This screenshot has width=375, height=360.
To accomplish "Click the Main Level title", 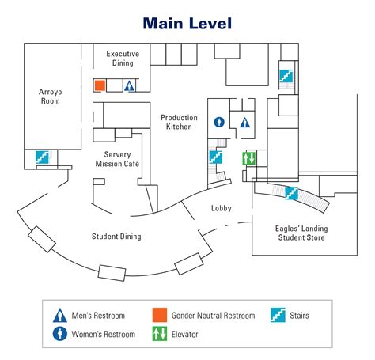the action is [x=187, y=23].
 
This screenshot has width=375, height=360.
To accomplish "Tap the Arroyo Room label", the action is [x=51, y=97].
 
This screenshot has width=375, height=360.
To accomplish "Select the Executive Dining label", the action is [x=123, y=59].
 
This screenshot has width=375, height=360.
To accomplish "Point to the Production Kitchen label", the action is [x=179, y=122].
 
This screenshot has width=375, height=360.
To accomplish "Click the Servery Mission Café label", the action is [x=117, y=159].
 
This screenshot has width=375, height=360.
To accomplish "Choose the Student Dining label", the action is [x=116, y=236].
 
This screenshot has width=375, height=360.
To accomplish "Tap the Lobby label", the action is [x=222, y=208].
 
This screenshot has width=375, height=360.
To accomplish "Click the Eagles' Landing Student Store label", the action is [x=301, y=233].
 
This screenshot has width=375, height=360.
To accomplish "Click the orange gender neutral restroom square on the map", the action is [x=100, y=85].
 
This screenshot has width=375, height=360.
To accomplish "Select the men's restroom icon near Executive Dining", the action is [x=129, y=86].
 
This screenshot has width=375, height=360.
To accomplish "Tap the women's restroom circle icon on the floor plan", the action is [x=219, y=122].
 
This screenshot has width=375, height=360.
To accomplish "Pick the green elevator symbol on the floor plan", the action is [x=249, y=158].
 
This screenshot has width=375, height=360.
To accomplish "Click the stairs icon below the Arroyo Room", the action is [x=42, y=157].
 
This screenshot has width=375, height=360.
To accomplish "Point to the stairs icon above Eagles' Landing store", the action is [x=291, y=193].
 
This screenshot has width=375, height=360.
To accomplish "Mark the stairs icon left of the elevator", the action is [x=216, y=157].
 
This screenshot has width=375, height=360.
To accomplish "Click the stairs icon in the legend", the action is [x=278, y=315].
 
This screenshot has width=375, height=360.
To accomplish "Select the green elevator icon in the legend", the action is [x=160, y=334].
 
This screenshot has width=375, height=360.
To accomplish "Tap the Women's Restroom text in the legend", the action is [x=104, y=334].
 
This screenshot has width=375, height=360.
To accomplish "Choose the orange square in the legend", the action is [x=160, y=315].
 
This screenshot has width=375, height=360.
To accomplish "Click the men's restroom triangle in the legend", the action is [x=60, y=316].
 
